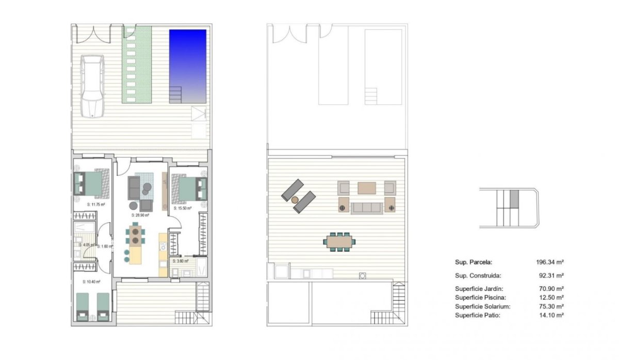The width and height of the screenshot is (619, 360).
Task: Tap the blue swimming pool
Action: click(188, 65)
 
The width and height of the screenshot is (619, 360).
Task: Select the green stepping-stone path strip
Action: click(137, 64)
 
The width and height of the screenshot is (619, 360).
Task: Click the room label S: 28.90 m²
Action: click(140, 215)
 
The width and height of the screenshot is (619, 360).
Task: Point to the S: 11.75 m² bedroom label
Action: click(96, 205)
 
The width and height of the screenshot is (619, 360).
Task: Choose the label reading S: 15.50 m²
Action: click(183, 208)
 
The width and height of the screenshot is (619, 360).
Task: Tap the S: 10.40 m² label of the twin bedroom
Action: click(91, 282)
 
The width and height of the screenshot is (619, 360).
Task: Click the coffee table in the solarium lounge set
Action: click(367, 187)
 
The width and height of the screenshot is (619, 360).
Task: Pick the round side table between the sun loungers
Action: click(295, 199)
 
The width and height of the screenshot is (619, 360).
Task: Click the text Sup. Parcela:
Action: click(474, 262)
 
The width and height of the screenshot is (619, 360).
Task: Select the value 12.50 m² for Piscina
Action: click(551, 298)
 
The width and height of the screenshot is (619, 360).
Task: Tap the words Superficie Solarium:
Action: click(483, 306)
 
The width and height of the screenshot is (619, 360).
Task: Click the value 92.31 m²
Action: click(551, 275)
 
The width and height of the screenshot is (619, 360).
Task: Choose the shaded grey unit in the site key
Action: click(513, 199)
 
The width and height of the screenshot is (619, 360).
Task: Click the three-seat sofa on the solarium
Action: click(367, 208)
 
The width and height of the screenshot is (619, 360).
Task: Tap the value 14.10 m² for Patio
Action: click(551, 315)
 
